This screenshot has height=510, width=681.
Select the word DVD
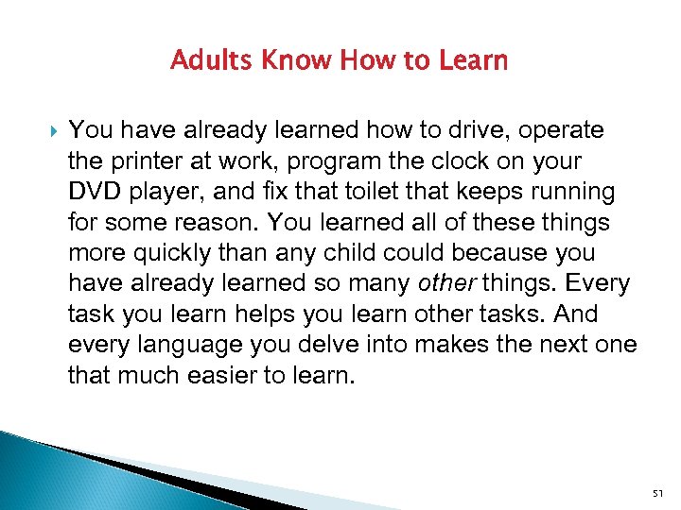tap(93, 193)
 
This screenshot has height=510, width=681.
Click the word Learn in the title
tap(473, 61)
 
